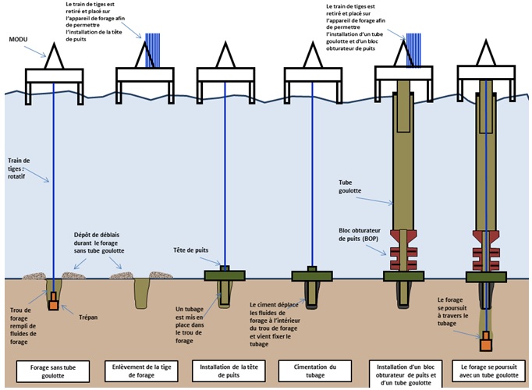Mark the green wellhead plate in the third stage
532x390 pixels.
[x=225, y=275]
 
